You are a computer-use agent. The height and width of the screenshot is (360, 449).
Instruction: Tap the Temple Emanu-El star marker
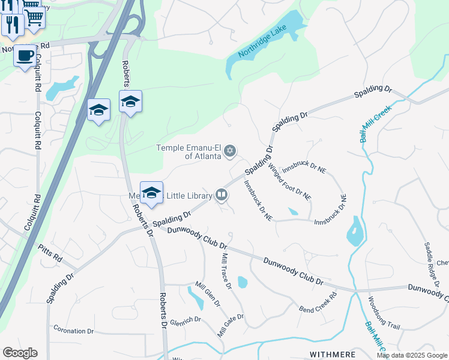231,151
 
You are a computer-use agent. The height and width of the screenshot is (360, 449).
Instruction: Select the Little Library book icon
221,194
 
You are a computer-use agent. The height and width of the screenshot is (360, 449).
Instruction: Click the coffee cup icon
24,56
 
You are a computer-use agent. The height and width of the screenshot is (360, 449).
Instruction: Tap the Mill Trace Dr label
226,271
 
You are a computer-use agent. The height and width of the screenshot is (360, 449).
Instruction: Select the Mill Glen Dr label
207,293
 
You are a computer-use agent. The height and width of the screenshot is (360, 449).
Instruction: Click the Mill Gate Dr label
231,325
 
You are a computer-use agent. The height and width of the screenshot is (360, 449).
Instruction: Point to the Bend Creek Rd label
318,302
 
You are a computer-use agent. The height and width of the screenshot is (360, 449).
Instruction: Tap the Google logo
20,353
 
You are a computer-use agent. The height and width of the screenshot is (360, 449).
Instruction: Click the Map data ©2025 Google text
412,355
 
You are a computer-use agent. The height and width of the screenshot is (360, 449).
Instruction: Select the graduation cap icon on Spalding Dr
152,193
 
